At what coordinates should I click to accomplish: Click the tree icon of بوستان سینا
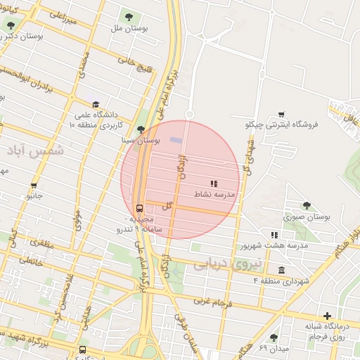pos(141,129)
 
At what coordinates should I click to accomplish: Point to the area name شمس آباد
pos(34,150)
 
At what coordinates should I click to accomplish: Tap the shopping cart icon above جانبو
pos(33,186)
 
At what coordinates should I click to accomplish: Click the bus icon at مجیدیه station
pos(139,208)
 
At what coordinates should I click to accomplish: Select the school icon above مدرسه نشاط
pos(214,184)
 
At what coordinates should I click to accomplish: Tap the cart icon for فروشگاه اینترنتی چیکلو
pos(281,115)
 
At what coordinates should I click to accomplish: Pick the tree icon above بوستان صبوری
pos(307,206)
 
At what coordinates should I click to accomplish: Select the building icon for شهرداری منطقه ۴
pos(281,271)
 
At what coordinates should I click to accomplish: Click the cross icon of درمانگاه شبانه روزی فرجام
pos(326,316)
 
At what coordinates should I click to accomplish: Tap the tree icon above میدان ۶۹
pos(274,337)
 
